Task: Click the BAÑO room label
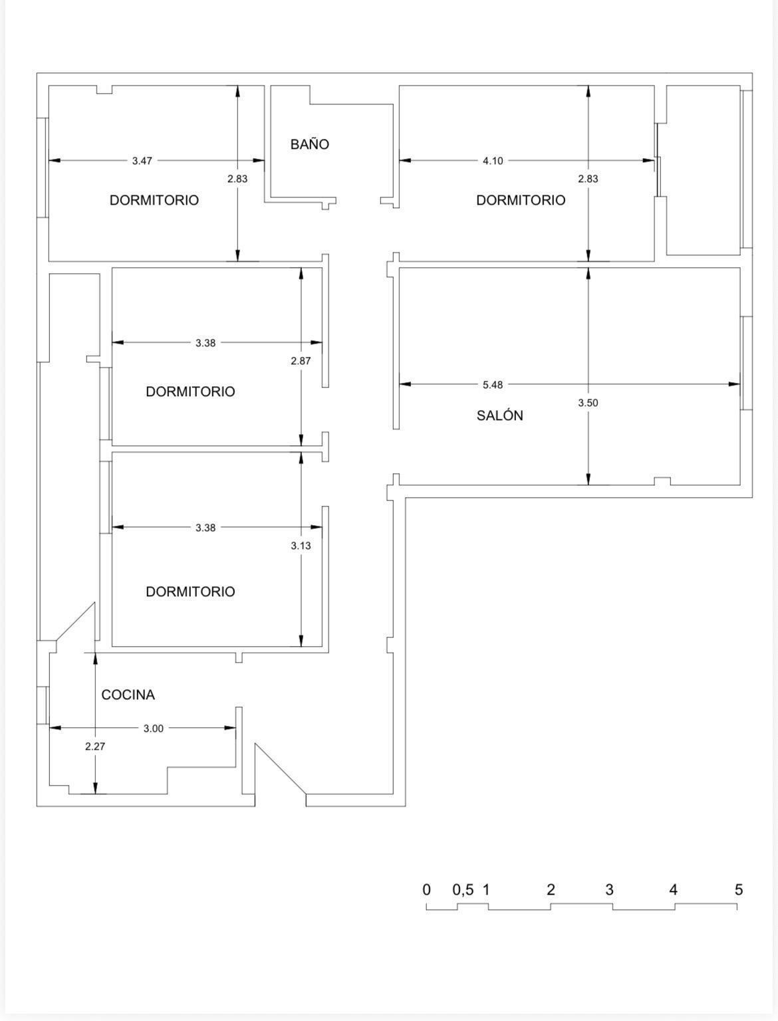point(309,144)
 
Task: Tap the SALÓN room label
point(499,415)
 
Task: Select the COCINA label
point(128,695)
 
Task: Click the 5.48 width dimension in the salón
point(493,384)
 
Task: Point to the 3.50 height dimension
point(588,403)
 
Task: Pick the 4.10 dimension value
point(493,161)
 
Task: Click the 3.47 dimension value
point(142,161)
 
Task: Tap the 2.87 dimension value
point(301,361)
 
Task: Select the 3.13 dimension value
point(301,546)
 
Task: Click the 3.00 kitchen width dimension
point(153,729)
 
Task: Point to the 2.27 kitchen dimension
point(95,746)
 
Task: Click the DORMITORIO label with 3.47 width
point(154,200)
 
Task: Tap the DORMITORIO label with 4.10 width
point(521,200)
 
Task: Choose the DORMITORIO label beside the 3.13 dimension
point(190,592)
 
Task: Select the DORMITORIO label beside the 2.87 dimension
point(190,392)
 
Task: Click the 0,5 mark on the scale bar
point(463,889)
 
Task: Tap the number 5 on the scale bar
point(738,889)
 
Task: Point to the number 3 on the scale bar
point(609,889)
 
